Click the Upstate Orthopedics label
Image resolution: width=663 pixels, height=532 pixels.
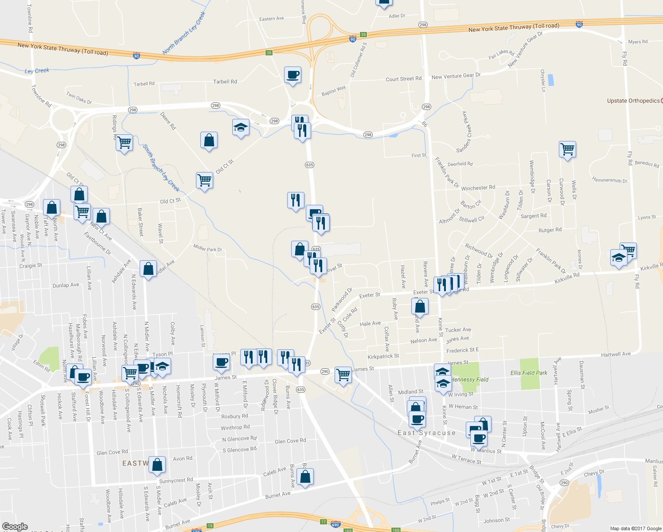[633, 101]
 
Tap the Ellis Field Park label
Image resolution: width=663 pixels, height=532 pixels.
[529, 373]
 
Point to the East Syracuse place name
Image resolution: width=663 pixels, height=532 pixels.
[426, 433]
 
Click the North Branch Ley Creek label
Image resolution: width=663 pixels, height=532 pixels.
[184, 33]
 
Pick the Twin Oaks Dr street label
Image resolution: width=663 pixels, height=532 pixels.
[79, 98]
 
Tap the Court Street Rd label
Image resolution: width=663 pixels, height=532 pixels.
[403, 79]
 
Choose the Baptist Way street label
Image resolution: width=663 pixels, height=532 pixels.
[334, 91]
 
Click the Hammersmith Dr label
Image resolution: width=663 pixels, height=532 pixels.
[610, 180]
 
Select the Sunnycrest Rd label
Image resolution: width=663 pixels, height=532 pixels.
[176, 480]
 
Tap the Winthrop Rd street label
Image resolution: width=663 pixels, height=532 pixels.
[235, 427]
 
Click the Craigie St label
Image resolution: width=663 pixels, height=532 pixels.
[31, 266]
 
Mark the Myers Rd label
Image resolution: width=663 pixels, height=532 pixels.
[638, 42]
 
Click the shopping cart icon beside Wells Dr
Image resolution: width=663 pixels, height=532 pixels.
[567, 149]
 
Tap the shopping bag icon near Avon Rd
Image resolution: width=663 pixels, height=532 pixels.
[157, 464]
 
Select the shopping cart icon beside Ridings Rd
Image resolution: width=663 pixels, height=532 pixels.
[124, 142]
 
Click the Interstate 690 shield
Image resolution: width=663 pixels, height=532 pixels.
[335, 524]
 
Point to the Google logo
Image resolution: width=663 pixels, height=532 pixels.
[15, 526]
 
